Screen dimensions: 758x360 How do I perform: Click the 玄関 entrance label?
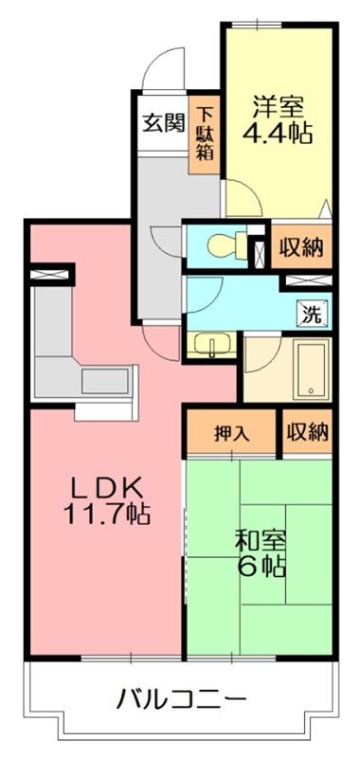pyautogui.click(x=163, y=123)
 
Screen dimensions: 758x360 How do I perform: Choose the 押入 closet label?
pyautogui.click(x=231, y=434)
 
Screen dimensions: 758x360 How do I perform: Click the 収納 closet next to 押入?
pyautogui.click(x=307, y=433)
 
